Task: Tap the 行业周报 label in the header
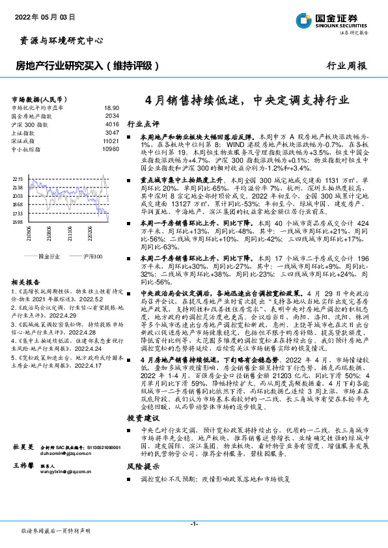[346, 66]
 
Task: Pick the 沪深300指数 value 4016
[112, 123]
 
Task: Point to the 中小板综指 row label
[26, 148]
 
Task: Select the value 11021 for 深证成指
[111, 140]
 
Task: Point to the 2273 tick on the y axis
[17, 177]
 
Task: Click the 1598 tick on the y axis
[17, 222]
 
